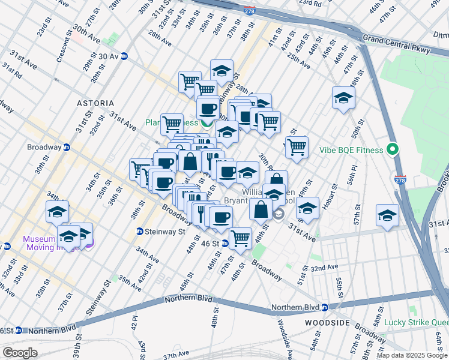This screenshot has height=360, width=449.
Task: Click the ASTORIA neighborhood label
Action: [x=95, y=103]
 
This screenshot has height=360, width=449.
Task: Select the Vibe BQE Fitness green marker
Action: [x=394, y=149]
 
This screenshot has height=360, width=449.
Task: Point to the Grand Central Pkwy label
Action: [x=397, y=46]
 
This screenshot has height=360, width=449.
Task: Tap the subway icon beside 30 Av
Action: [x=124, y=56]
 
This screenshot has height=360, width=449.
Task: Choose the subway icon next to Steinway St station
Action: [x=139, y=231]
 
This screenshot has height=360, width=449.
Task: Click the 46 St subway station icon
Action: [x=224, y=244]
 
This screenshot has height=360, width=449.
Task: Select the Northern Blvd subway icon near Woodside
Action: [x=325, y=308]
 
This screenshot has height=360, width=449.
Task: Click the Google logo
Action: [x=20, y=352]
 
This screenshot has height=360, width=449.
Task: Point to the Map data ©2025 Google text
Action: [x=412, y=355]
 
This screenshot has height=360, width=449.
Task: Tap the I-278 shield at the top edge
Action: [x=250, y=11]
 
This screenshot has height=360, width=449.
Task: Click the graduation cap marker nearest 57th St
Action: [x=387, y=215]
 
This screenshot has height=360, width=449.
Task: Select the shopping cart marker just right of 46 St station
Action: [x=241, y=237]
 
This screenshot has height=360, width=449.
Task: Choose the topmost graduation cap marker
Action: [x=221, y=71]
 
